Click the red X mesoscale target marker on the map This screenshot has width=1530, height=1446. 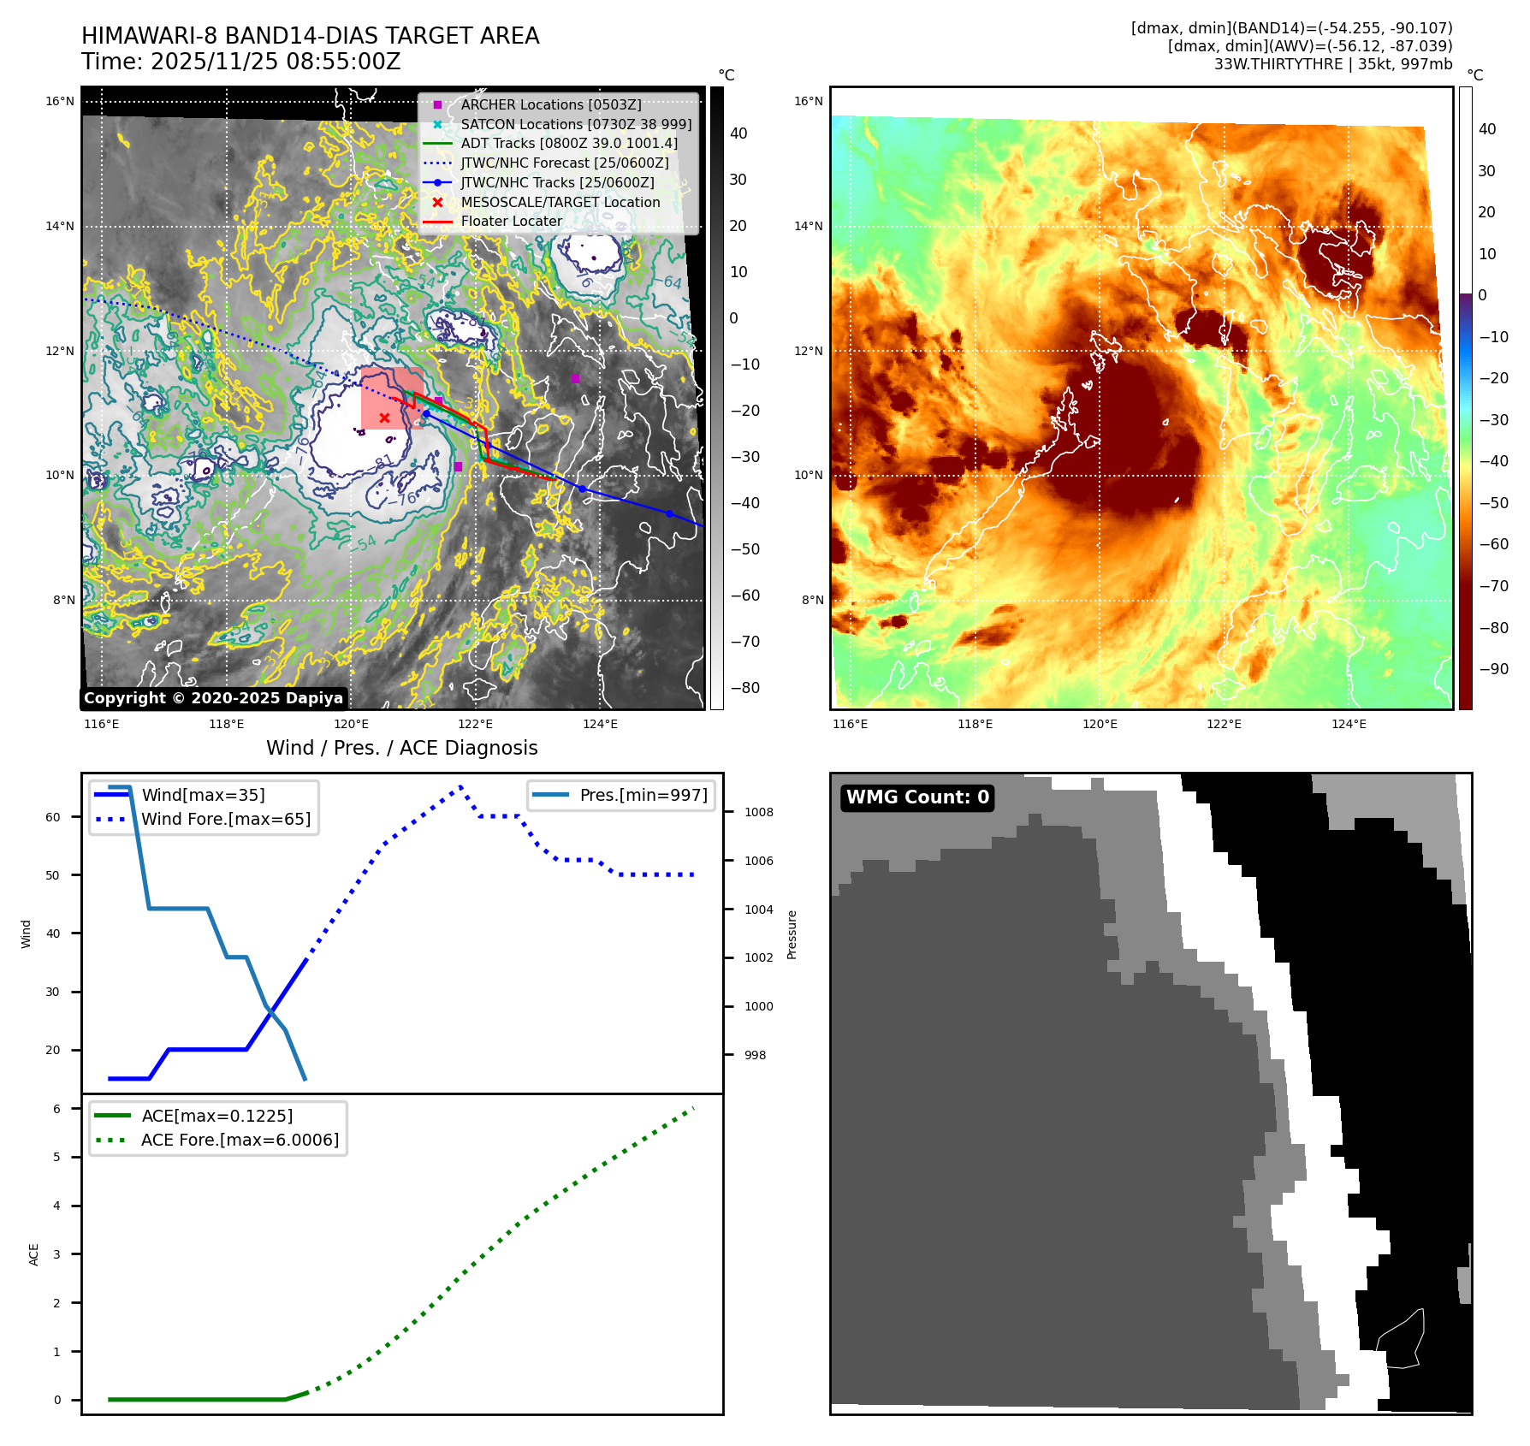384,418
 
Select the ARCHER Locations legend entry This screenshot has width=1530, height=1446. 550,104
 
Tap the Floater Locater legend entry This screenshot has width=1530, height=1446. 511,221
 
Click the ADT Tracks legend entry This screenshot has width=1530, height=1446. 568,143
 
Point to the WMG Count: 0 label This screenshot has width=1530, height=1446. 917,797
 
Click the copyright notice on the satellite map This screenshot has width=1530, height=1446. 213,698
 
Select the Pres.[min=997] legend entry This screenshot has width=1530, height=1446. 643,795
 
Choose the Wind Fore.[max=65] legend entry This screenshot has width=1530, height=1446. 225,819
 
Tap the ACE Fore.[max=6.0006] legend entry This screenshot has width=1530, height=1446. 240,1140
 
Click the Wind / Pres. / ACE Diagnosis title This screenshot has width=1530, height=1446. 401,748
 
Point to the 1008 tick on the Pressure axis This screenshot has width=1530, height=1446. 758,812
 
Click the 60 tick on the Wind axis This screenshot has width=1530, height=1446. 53,817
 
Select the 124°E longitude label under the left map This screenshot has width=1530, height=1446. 600,724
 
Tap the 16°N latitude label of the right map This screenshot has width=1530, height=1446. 808,101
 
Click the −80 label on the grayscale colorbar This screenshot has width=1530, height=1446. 744,688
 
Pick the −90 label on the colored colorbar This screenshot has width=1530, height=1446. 1493,669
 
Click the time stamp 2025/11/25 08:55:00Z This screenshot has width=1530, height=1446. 276,62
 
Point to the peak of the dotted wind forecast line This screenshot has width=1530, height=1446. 460,785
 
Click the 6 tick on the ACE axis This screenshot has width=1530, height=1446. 56,1109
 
